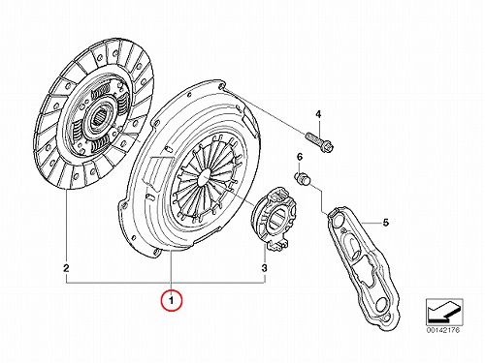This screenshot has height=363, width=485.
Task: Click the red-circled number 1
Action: [172, 301]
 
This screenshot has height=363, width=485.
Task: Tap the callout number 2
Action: [66, 268]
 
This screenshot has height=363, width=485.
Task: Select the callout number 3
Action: [264, 268]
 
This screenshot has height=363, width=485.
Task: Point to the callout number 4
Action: [318, 114]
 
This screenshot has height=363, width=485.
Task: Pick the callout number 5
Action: [385, 223]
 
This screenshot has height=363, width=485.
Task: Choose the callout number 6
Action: [300, 157]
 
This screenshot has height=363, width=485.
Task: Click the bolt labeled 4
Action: [319, 142]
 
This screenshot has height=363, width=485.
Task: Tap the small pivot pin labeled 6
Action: [303, 179]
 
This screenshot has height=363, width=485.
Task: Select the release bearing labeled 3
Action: [275, 219]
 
